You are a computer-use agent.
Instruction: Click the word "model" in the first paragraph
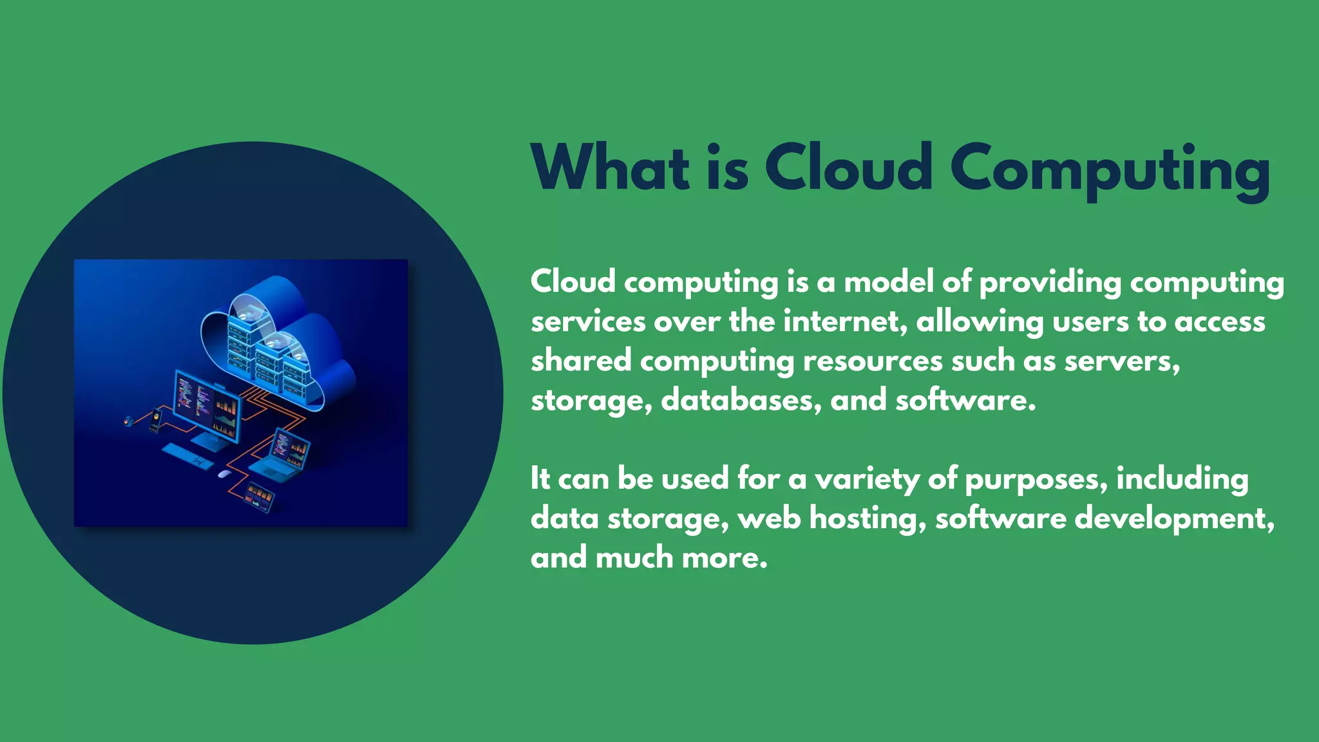[888, 282]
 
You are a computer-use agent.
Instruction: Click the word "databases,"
[741, 401]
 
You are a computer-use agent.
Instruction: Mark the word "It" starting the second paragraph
[540, 479]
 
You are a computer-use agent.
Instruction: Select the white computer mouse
[223, 474]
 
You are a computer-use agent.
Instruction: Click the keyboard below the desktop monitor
[187, 456]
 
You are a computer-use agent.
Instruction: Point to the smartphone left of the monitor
[155, 421]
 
